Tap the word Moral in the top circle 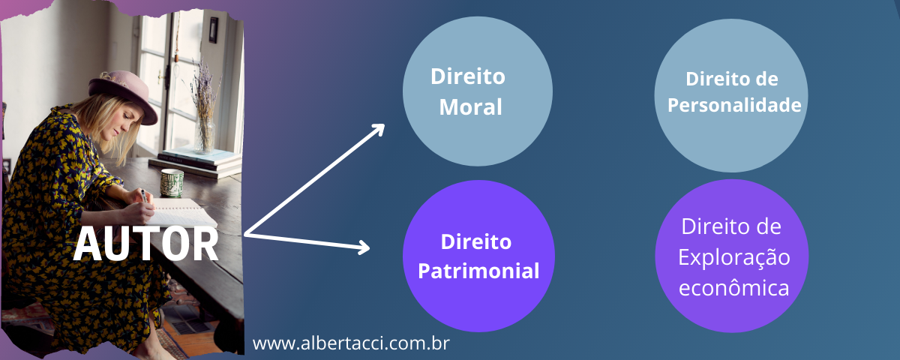click(470, 106)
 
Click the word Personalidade click(734, 105)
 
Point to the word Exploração click(734, 256)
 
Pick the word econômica click(734, 288)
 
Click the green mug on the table click(172, 181)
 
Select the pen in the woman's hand click(142, 195)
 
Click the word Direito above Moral click(468, 77)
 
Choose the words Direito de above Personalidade click(732, 79)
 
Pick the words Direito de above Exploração click(732, 226)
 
